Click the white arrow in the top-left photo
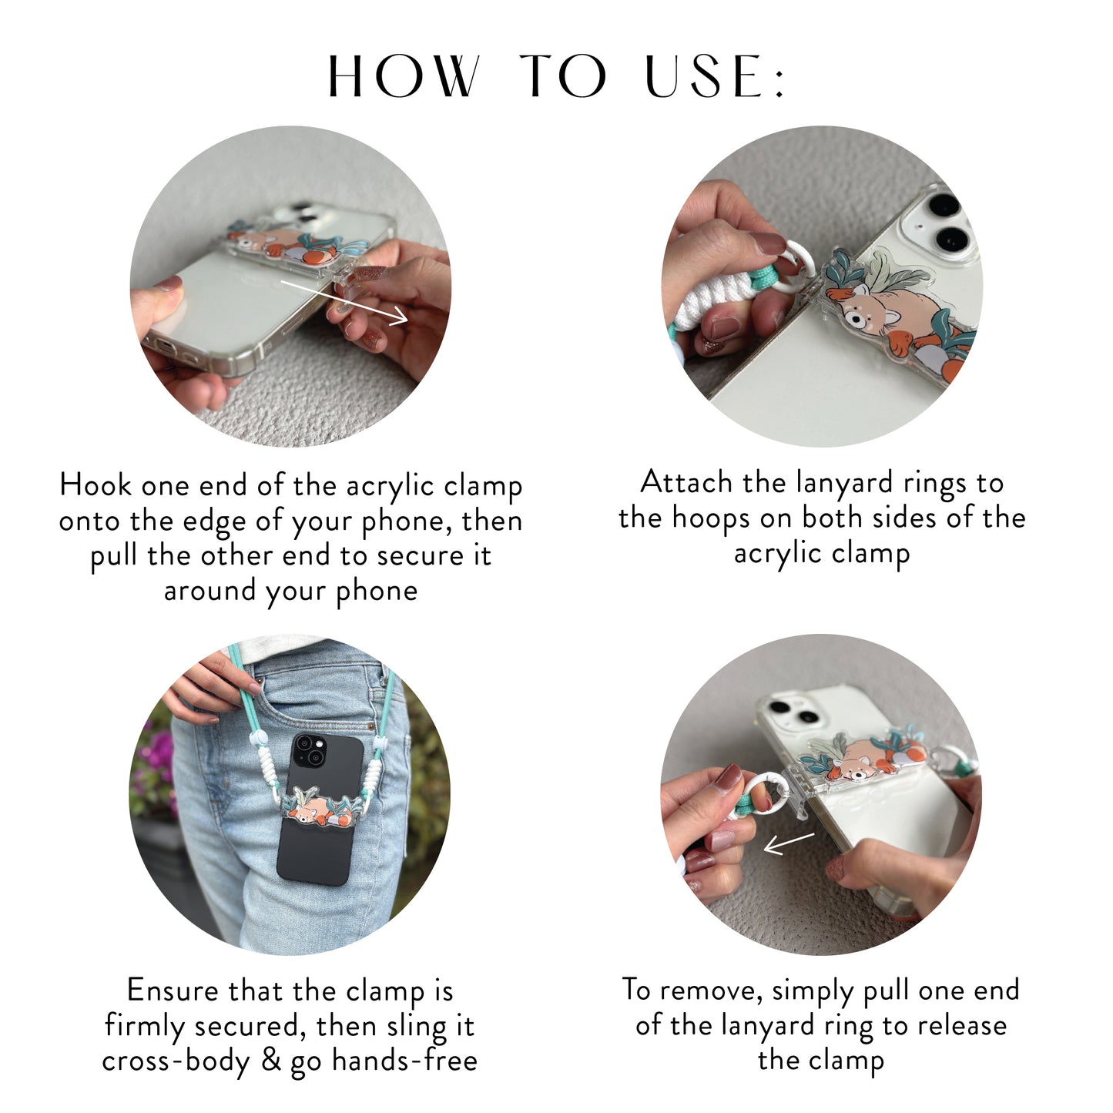click(344, 301)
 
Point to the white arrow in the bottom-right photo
click(789, 843)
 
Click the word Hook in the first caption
click(96, 485)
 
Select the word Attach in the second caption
click(686, 482)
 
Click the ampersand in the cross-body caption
click(271, 1060)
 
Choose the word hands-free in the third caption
click(405, 1061)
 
